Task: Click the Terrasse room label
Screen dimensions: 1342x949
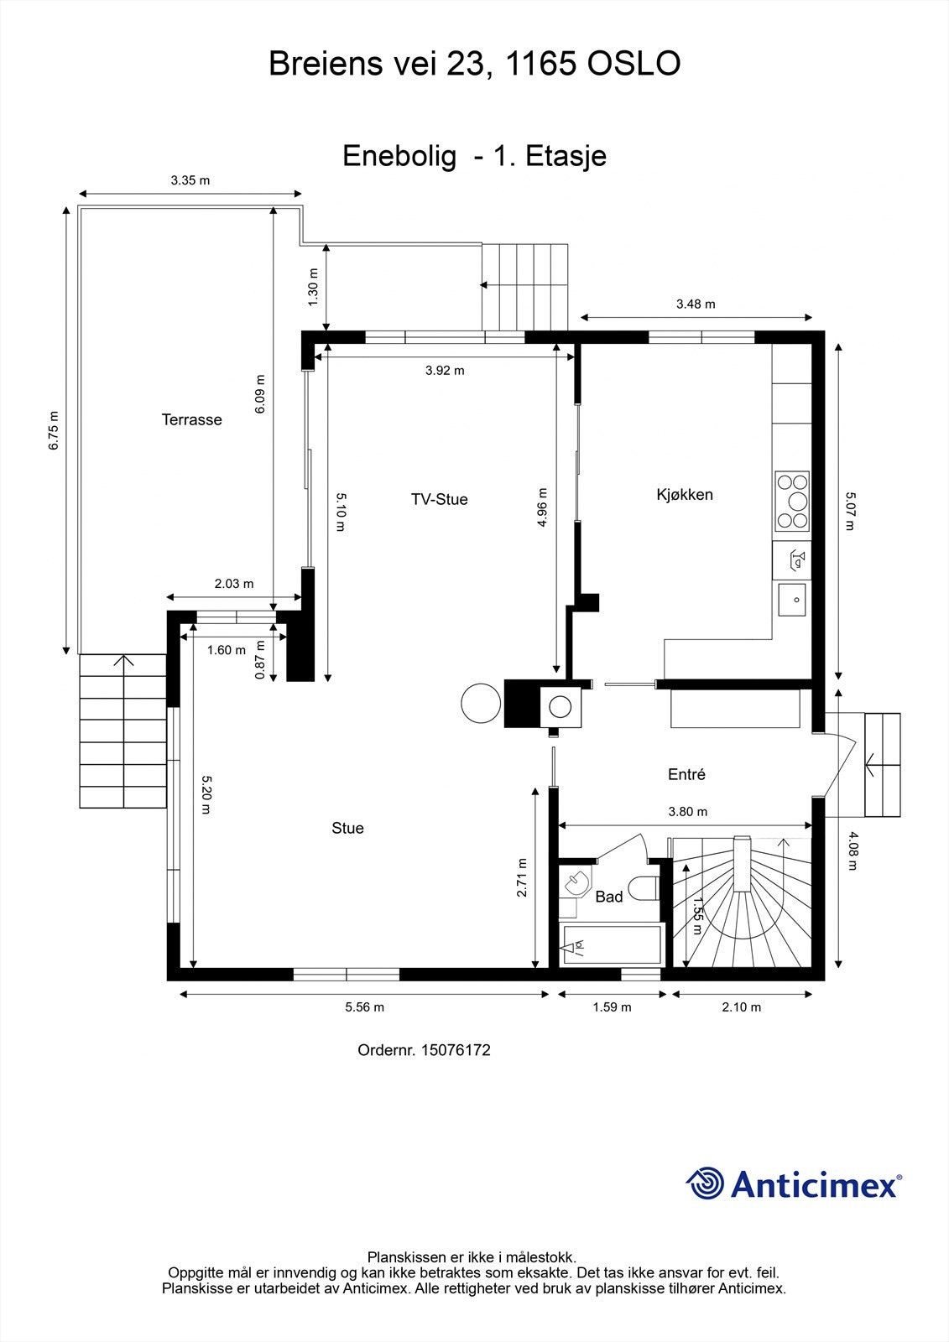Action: (x=191, y=420)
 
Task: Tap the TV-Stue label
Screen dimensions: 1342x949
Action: (x=439, y=500)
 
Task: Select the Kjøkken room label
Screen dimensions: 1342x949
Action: (x=685, y=495)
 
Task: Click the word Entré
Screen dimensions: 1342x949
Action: (x=686, y=775)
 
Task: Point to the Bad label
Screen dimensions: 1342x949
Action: (x=608, y=897)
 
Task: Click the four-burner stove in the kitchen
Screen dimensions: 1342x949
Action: (x=792, y=502)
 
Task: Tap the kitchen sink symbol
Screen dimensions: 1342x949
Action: (x=791, y=599)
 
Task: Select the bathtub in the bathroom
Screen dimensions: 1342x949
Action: (x=612, y=946)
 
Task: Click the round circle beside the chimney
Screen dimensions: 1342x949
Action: (x=480, y=703)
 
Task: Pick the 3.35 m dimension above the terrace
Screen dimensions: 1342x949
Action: (x=190, y=180)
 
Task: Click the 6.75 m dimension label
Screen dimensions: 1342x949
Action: (x=54, y=430)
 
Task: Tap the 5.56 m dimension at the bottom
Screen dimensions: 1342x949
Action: (x=364, y=1007)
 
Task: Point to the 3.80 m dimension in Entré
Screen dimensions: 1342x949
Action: (x=687, y=812)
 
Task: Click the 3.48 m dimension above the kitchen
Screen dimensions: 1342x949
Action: (x=696, y=304)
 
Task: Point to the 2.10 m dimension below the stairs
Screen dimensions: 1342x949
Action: (x=741, y=1007)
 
